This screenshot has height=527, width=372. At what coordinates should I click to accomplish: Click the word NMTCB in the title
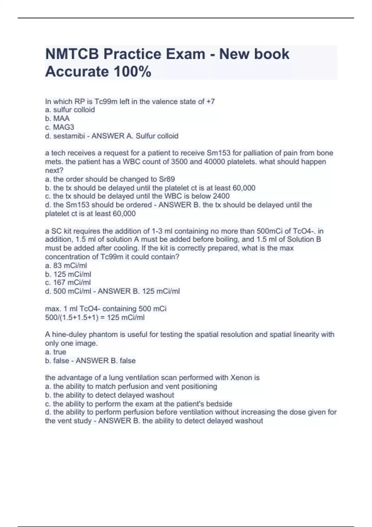(x=72, y=54)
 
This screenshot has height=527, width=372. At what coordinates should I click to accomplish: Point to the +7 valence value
(x=210, y=101)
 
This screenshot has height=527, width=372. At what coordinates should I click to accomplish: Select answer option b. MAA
(x=57, y=118)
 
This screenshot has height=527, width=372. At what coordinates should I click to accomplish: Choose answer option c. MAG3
(x=60, y=127)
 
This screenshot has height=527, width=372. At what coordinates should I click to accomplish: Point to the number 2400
(x=221, y=196)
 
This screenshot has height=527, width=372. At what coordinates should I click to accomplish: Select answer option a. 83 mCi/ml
(x=66, y=265)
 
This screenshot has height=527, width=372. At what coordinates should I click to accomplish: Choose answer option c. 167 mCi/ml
(x=68, y=282)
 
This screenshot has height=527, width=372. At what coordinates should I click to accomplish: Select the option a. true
(x=55, y=352)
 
